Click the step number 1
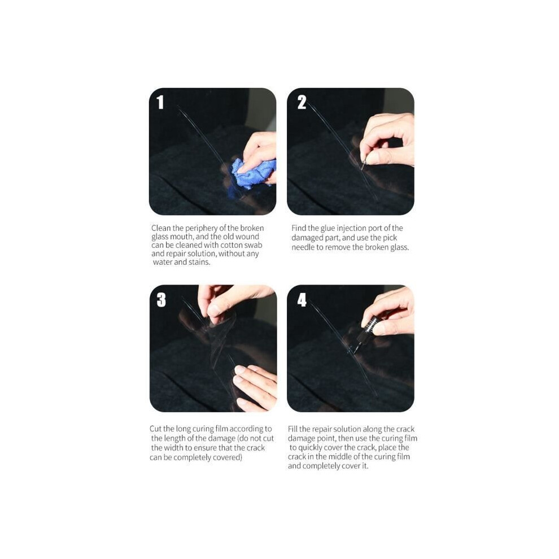pyautogui.click(x=160, y=102)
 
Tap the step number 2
pyautogui.click(x=302, y=102)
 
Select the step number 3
pyautogui.click(x=161, y=299)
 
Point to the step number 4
pyautogui.click(x=302, y=300)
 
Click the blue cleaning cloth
pyautogui.click(x=251, y=173)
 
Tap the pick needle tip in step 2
pyautogui.click(x=362, y=168)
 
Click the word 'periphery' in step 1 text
pyautogui.click(x=202, y=228)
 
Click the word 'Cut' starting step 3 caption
pyautogui.click(x=155, y=429)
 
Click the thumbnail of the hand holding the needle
pyautogui.click(x=351, y=151)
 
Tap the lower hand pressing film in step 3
pyautogui.click(x=255, y=387)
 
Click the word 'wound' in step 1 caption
pyautogui.click(x=249, y=237)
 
